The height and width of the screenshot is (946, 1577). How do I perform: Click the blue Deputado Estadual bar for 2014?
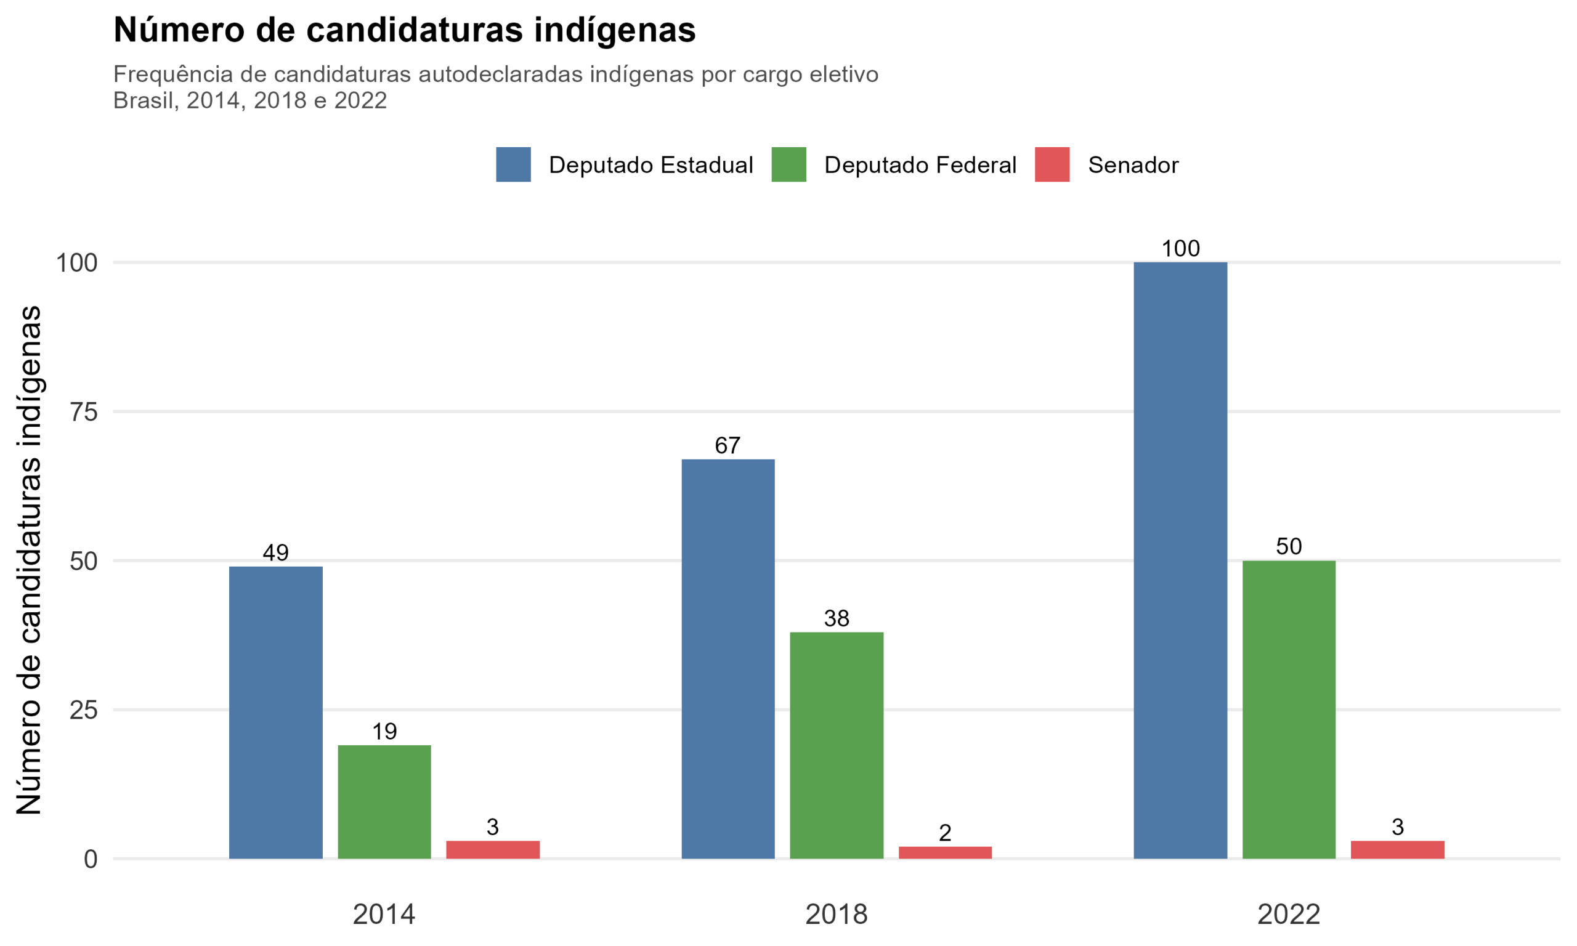click(275, 712)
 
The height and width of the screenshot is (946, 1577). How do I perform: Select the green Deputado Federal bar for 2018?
click(837, 745)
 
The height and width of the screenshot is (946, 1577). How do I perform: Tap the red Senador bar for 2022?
click(1397, 850)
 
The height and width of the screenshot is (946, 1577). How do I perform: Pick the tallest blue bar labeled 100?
click(1180, 560)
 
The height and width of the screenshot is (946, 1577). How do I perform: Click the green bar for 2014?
click(384, 801)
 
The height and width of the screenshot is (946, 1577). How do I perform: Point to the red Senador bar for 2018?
click(945, 852)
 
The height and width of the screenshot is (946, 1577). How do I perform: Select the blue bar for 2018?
click(728, 658)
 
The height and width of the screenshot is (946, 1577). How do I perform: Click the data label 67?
click(728, 445)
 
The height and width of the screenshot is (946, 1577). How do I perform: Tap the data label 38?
click(837, 618)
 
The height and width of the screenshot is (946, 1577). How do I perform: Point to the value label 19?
click(384, 731)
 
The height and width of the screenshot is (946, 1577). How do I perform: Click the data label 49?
click(275, 552)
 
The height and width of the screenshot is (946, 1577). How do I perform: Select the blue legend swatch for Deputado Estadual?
click(513, 164)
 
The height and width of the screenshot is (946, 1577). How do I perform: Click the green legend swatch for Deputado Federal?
click(788, 164)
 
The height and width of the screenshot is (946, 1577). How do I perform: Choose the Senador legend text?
click(1133, 165)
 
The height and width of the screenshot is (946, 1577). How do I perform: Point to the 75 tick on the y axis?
click(84, 413)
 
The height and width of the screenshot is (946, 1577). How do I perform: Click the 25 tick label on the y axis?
click(84, 710)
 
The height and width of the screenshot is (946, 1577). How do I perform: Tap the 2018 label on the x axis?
click(837, 915)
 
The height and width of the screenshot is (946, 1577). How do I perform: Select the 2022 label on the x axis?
click(1288, 915)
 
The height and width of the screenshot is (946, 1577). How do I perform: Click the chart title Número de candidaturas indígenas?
click(404, 30)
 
